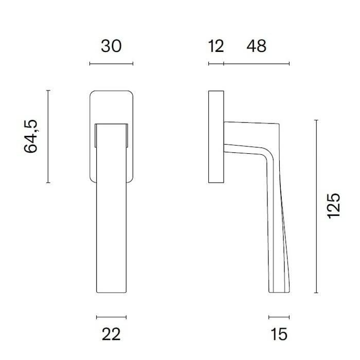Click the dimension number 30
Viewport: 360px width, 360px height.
click(111, 46)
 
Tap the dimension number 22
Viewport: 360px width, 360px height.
click(111, 335)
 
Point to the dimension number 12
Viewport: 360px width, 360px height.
click(217, 46)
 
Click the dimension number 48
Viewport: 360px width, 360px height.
click(256, 46)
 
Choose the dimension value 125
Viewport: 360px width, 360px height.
click(334, 206)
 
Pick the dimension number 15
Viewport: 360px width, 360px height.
click(278, 335)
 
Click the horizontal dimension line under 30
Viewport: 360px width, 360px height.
click(111, 64)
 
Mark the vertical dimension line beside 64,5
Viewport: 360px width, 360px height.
click(48, 136)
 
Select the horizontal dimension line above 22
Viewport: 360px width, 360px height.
click(111, 317)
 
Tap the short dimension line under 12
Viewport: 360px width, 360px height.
click(216, 64)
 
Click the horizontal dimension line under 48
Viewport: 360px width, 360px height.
click(256, 64)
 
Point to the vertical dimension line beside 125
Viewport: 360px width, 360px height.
click(316, 206)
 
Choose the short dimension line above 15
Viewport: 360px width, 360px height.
click(279, 317)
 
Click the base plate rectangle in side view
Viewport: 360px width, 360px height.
click(216, 137)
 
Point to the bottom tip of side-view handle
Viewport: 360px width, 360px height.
click(278, 292)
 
